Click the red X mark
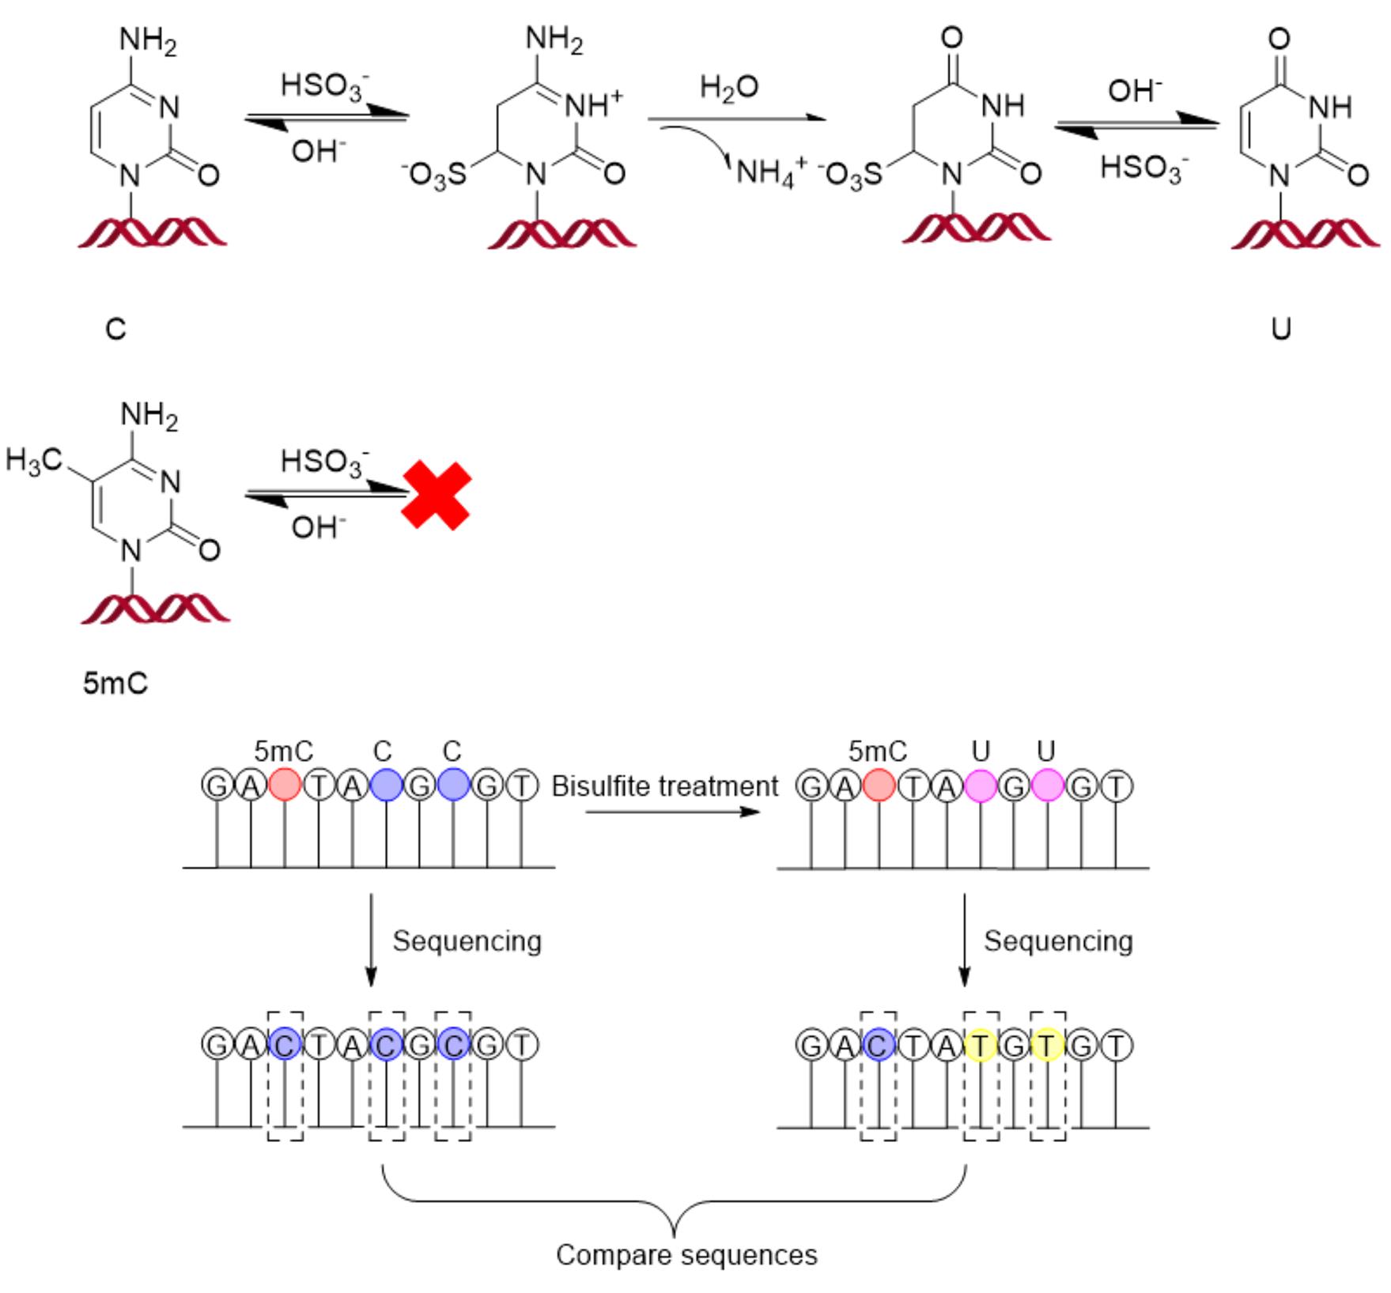pos(436,496)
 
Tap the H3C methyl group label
pos(33,460)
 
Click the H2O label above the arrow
pos(728,87)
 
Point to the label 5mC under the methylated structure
pos(115,684)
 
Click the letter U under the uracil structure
pos(1281,329)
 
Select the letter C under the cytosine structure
pos(115,329)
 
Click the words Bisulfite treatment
pos(664,786)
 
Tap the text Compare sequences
pos(686,1255)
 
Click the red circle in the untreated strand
pos(285,786)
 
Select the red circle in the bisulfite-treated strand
pos(879,786)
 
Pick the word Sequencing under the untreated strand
pos(467,941)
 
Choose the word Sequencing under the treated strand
pos(1058,941)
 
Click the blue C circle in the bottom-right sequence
pos(879,1046)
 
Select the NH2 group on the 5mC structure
pos(149,417)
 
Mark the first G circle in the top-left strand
pos(217,786)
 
